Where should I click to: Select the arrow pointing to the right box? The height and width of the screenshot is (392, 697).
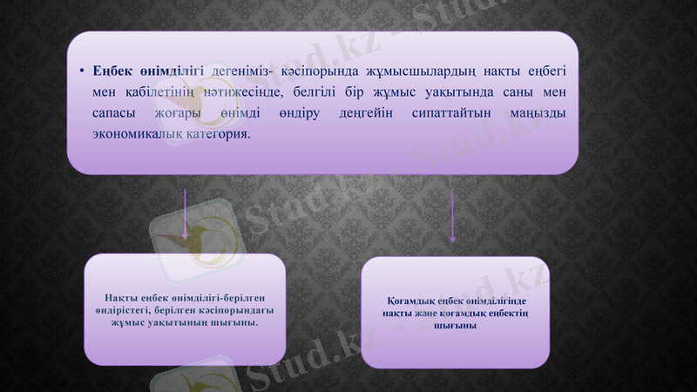pyautogui.click(x=452, y=218)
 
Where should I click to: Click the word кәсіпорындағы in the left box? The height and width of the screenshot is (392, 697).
pyautogui.click(x=228, y=310)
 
